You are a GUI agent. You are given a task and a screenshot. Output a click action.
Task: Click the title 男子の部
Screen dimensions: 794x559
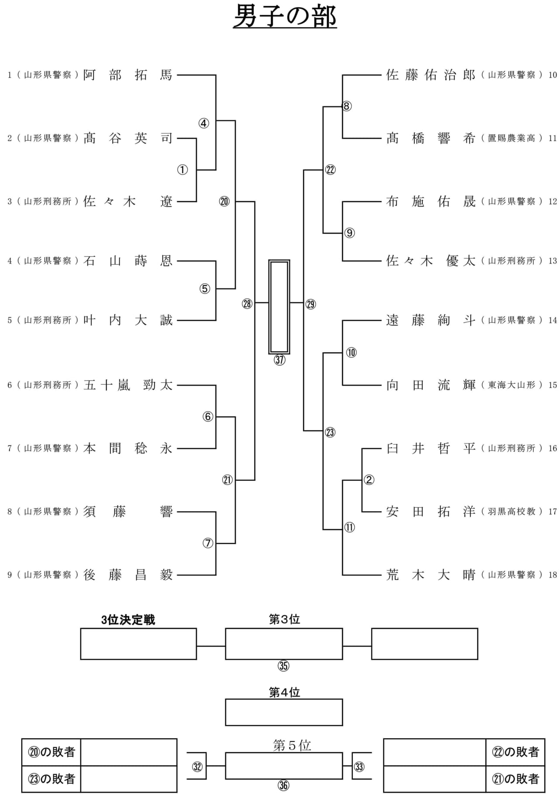tap(285, 17)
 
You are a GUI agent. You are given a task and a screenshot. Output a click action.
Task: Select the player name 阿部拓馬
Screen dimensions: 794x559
tap(128, 75)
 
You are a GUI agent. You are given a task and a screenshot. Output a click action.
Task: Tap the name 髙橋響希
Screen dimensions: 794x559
tap(430, 138)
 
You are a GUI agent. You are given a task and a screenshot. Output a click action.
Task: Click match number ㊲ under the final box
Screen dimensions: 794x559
tap(279, 360)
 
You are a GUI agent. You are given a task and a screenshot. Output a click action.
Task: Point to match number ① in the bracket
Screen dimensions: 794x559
tap(183, 170)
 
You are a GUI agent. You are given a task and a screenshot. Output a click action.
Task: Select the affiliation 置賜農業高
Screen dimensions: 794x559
tap(511, 138)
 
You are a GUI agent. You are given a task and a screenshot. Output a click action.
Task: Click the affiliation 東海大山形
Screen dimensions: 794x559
tap(511, 385)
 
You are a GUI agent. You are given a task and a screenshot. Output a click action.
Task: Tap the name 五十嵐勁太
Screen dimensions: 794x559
tap(128, 385)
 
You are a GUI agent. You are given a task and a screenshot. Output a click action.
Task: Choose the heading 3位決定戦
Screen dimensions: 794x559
tap(128, 620)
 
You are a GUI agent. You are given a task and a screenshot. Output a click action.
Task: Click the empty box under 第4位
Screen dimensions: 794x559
tap(284, 712)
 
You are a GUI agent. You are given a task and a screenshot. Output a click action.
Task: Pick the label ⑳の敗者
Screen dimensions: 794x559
tap(52, 752)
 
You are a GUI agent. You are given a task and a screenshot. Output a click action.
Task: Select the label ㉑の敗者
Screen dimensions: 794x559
tap(515, 778)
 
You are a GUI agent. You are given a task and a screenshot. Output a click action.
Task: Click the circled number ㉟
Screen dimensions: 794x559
tap(283, 666)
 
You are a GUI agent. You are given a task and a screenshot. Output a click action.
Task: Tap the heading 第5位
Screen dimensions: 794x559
tap(292, 745)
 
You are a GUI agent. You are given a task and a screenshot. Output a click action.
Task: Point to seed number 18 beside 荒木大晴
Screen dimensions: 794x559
tap(553, 575)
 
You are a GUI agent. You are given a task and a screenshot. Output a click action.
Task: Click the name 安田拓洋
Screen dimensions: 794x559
tap(430, 512)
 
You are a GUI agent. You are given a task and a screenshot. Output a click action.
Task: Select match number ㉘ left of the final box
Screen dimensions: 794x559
tap(247, 304)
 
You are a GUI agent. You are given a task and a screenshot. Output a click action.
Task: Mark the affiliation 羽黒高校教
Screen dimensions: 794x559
tap(511, 512)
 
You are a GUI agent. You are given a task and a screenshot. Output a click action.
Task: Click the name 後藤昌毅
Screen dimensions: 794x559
tap(128, 575)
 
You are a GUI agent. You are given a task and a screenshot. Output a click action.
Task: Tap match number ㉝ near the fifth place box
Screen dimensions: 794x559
tap(359, 767)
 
